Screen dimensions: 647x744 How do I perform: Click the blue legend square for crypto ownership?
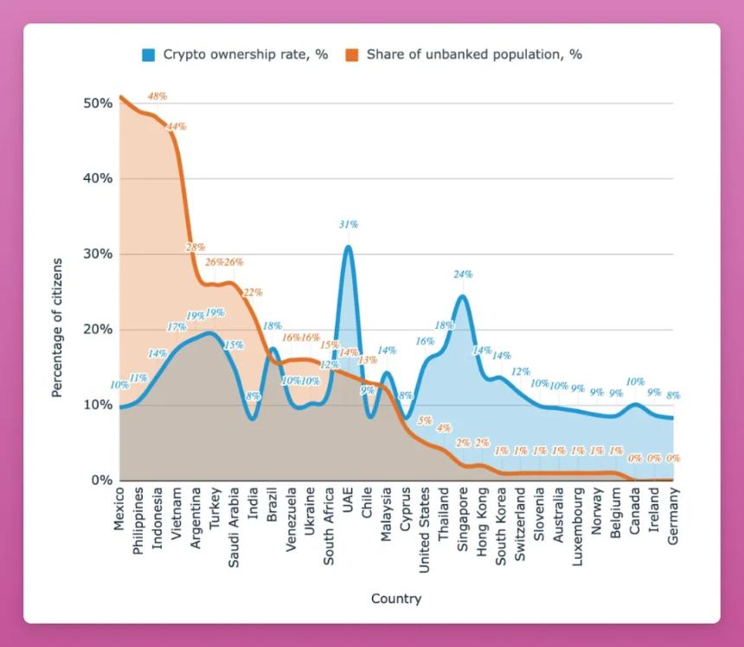pos(149,54)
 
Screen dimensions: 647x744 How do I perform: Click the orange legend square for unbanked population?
pos(352,54)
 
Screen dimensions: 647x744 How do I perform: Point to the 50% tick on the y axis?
pos(98,103)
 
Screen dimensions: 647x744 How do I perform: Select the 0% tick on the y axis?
pos(101,480)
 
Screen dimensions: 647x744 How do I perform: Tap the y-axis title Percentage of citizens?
pos(57,327)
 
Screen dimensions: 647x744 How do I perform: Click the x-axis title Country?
pos(395,599)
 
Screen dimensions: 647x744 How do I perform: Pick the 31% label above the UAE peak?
pos(348,224)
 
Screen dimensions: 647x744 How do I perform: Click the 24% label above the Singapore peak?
pos(463,274)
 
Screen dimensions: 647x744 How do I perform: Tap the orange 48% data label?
pos(157,96)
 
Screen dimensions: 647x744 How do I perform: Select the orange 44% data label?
pos(176,126)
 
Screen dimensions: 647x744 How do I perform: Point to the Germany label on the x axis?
pos(673,516)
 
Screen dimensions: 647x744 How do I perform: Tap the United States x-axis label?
pos(425,529)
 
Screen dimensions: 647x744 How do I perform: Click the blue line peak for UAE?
pos(348,247)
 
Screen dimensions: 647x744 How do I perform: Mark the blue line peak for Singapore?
pos(463,297)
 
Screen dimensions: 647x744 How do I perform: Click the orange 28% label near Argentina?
pos(196,247)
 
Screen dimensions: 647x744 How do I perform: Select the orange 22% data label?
pos(253,292)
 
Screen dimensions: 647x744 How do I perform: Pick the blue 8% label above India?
pos(253,396)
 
